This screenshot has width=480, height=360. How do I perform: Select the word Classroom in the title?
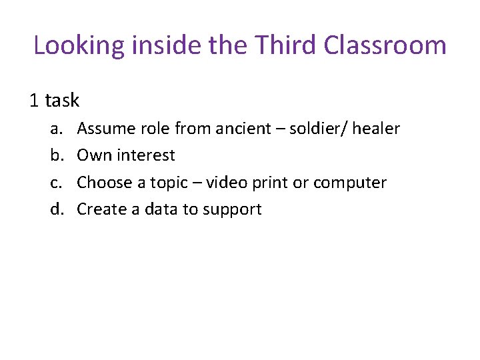[x=385, y=45]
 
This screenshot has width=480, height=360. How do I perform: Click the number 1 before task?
[x=34, y=101]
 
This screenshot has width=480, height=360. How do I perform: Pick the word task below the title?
[x=62, y=101]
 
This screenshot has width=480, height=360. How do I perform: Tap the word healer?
[x=376, y=129]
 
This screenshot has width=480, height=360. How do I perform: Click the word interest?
[x=146, y=155]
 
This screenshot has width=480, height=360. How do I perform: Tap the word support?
[x=232, y=210]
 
